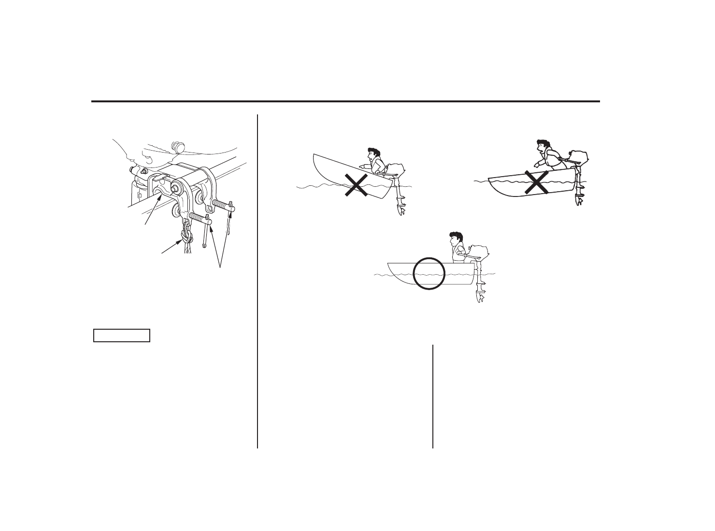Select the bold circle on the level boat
click(x=429, y=273)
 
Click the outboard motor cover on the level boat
click(x=479, y=251)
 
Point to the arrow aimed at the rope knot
click(x=172, y=247)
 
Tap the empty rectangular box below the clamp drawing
click(x=122, y=335)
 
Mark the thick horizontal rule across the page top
click(x=345, y=101)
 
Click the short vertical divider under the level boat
click(x=433, y=396)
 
